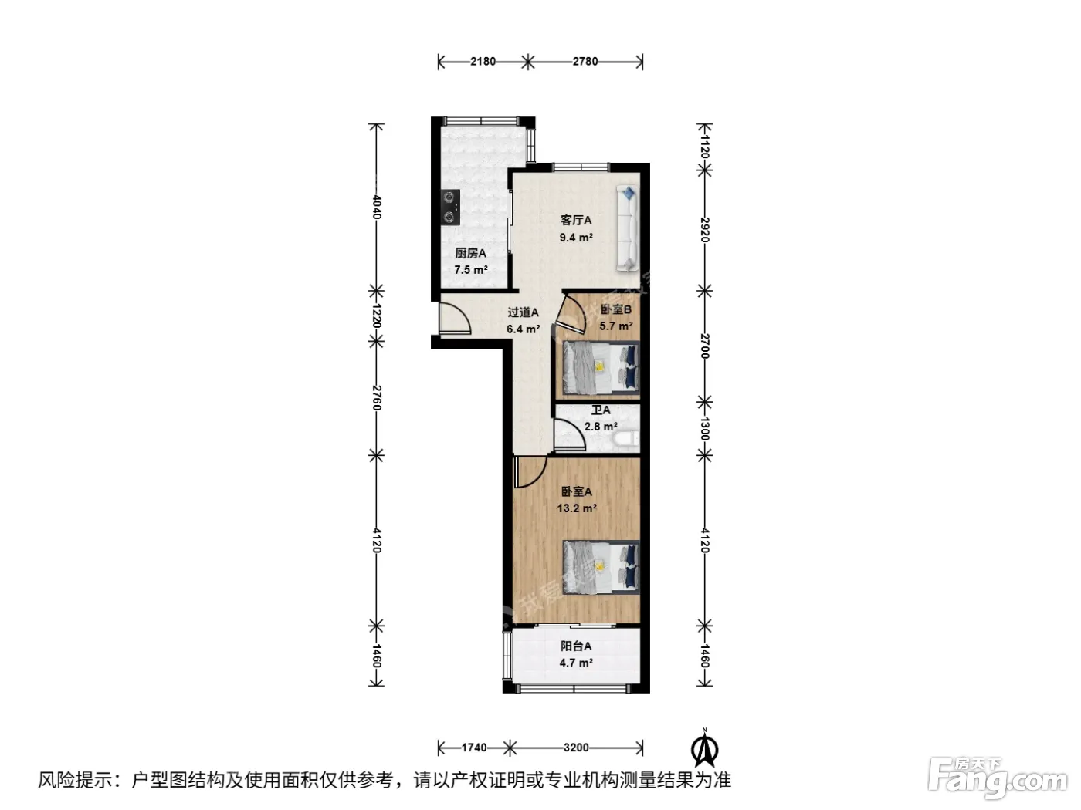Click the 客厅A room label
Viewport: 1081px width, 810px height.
point(576,221)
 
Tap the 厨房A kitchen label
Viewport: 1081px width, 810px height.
point(470,253)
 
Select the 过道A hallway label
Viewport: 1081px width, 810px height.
point(523,312)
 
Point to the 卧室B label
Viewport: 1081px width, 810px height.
point(615,309)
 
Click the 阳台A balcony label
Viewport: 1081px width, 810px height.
point(576,646)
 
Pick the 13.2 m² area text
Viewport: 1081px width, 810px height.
point(577,508)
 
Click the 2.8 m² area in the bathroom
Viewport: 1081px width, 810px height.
point(600,427)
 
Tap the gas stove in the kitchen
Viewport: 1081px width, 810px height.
point(106,207)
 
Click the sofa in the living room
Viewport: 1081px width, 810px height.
point(628,228)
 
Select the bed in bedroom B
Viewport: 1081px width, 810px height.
point(601,367)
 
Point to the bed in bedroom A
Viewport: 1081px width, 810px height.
point(601,568)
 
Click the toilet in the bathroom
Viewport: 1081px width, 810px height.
point(625,439)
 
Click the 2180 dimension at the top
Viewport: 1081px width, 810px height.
point(483,62)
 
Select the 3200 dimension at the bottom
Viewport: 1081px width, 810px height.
point(576,748)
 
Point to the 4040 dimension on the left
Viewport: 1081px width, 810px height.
point(377,207)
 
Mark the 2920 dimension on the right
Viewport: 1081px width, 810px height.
point(705,230)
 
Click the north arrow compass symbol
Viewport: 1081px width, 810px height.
point(705,748)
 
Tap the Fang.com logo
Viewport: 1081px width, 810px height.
point(997,779)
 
